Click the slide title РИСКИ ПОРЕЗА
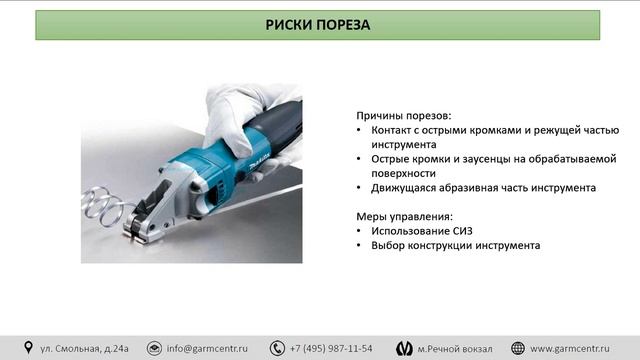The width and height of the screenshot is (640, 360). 319,24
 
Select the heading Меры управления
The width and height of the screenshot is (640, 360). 404,216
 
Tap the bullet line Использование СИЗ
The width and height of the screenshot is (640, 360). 421,230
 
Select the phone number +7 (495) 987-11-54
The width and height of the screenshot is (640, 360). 331,348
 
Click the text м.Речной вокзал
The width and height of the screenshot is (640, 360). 455,348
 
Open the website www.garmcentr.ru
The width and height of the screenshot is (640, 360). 577,348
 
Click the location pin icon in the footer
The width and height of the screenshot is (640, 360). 29,348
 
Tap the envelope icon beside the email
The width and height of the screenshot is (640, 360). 154,348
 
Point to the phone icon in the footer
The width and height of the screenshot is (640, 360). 276,348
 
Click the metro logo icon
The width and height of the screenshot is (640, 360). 404,348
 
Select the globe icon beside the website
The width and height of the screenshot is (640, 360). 518,348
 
